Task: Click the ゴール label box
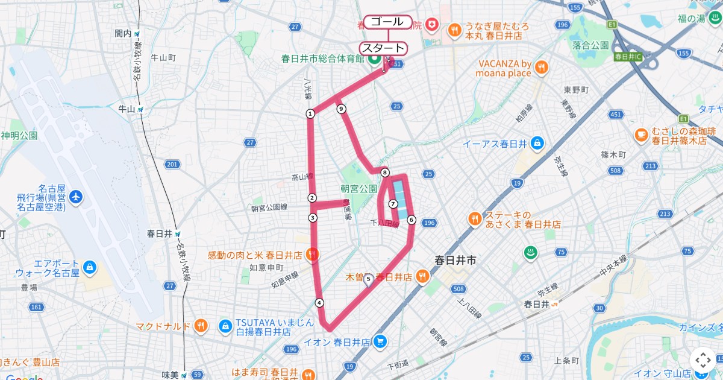(387, 22)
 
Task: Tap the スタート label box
(383, 48)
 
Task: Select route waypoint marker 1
(310, 113)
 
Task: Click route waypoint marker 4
(319, 303)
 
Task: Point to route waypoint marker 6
(411, 220)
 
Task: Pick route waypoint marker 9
(342, 109)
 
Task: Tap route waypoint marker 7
(393, 204)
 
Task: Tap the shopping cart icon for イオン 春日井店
(379, 342)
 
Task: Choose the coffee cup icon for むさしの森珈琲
(642, 134)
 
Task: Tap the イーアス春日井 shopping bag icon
(537, 144)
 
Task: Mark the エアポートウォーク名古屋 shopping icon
(89, 267)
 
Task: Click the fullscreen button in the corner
(703, 360)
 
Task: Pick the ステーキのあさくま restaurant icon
(475, 218)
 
